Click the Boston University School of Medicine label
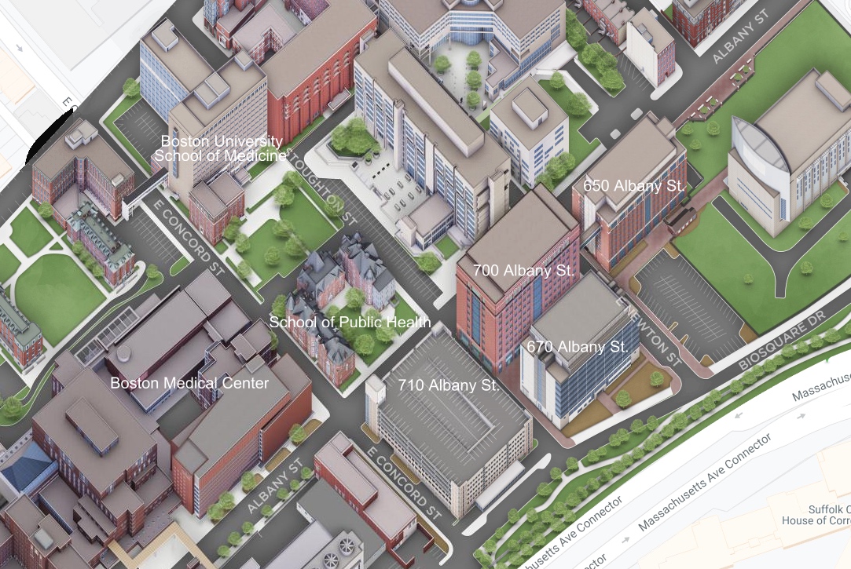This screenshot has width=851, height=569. (221, 148)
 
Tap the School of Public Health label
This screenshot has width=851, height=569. (350, 322)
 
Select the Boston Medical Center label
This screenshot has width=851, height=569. (189, 383)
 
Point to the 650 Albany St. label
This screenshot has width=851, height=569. (635, 186)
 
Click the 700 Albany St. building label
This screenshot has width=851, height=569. (524, 270)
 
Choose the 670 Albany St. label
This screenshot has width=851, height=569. (578, 346)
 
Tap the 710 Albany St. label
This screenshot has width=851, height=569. (449, 385)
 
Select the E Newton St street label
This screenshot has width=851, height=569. (647, 329)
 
